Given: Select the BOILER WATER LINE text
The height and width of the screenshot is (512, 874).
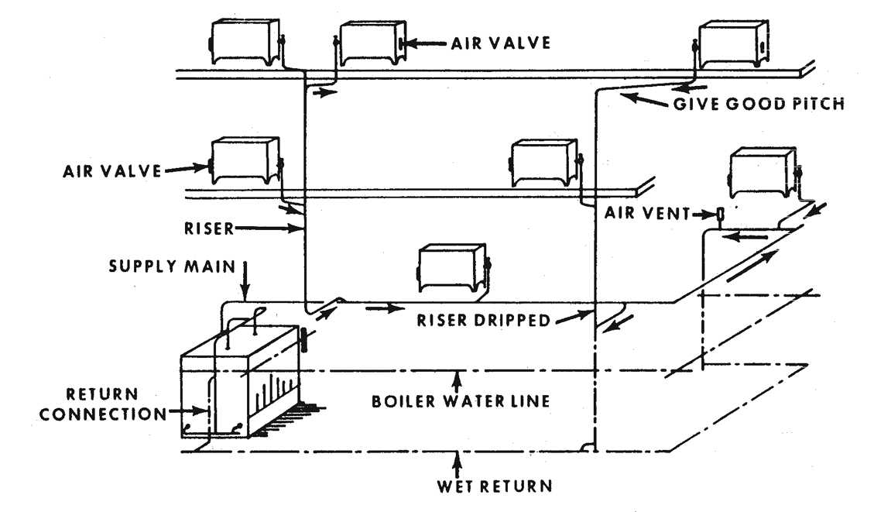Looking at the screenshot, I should point(460,401).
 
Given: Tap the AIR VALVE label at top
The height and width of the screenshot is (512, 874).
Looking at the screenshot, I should point(501,43).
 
